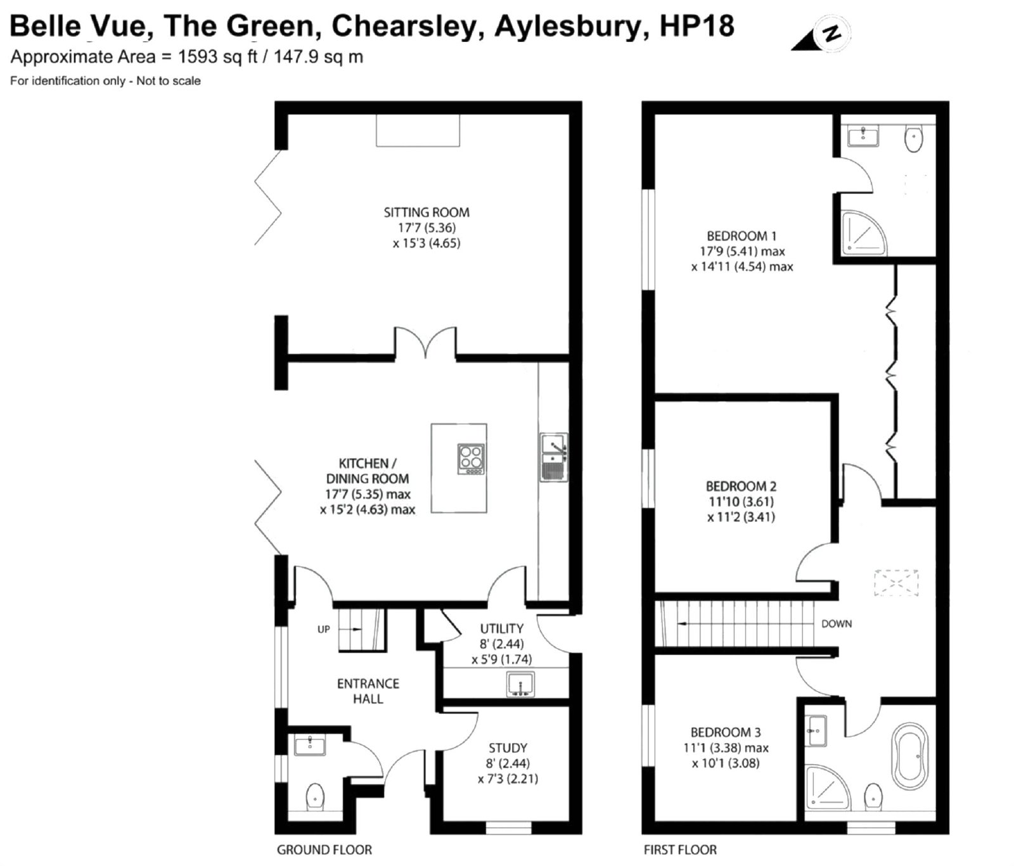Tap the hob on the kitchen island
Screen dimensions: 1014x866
[472, 459]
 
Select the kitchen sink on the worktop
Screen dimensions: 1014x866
[553, 457]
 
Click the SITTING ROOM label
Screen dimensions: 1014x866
[427, 212]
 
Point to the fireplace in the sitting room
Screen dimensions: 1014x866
[418, 131]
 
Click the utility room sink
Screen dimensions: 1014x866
[520, 685]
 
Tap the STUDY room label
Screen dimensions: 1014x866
[508, 748]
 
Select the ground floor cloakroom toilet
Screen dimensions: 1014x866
[315, 796]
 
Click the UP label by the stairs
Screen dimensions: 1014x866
[324, 630]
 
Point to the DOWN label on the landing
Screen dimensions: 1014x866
[837, 624]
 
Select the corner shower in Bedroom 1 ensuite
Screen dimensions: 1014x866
[863, 233]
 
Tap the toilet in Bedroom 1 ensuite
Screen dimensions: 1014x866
[914, 138]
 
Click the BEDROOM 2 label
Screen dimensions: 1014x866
[741, 487]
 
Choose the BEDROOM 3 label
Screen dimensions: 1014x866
[726, 732]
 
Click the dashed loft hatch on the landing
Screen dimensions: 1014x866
[896, 583]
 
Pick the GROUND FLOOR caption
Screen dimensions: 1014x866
[324, 850]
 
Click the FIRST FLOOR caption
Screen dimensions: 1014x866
[680, 850]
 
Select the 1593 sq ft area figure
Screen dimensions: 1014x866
[217, 57]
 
